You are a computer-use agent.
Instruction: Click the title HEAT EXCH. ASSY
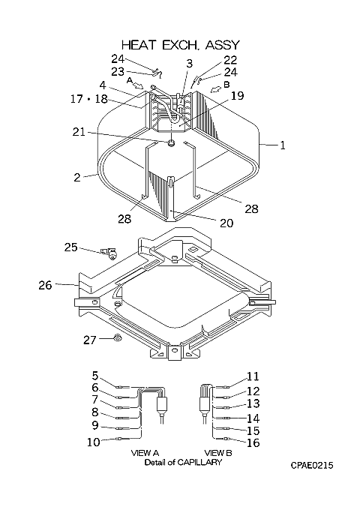tap(181, 44)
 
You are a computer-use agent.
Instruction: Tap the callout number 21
tap(78, 132)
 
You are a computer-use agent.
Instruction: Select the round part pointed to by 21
tap(172, 142)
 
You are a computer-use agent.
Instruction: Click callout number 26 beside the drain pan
tap(45, 285)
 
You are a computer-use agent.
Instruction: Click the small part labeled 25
tap(110, 253)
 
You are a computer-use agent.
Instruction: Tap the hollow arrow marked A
tap(139, 85)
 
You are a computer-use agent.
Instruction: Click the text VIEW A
tap(145, 452)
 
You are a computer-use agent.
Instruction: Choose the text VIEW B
tap(218, 452)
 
